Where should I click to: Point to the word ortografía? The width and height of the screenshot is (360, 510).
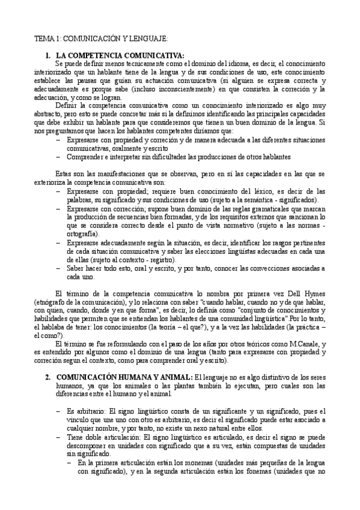point(83,232)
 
